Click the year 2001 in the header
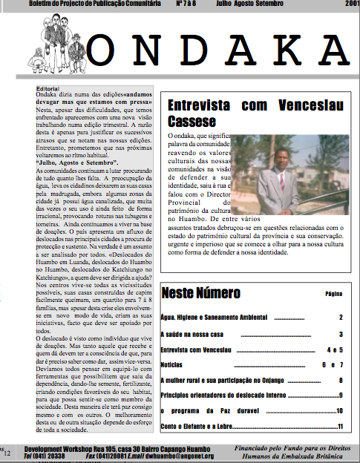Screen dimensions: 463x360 [x=351, y=4]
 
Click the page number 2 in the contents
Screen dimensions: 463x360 [x=340, y=318]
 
